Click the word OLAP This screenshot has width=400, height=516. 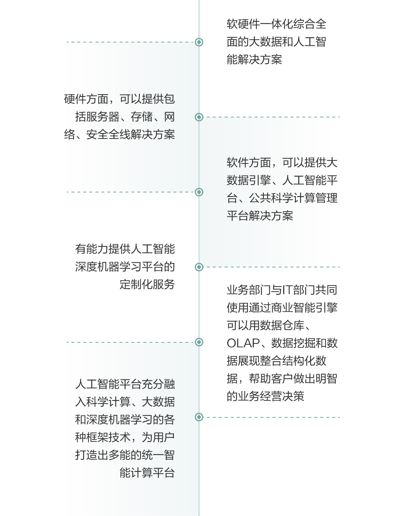pos(243,343)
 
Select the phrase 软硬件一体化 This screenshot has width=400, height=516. pos(260,24)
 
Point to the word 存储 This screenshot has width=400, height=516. pos(141,117)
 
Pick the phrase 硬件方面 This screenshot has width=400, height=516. pos(86,99)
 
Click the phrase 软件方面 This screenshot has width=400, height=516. pos(249,163)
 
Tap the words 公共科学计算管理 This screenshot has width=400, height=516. pos(293,198)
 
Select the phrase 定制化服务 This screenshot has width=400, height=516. pos(147,284)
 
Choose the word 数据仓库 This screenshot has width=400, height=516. pos(282,325)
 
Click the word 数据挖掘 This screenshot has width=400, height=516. pos(293,343)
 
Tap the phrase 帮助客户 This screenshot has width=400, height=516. pos(271,379)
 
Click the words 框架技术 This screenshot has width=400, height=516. pos(108,437)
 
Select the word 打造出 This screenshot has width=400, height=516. pos(92,455)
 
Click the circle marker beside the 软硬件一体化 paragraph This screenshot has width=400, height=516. pos(199,42)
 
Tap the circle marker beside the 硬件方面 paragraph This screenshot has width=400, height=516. pos(199,117)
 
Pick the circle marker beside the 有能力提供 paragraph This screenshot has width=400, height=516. pos(199,267)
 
